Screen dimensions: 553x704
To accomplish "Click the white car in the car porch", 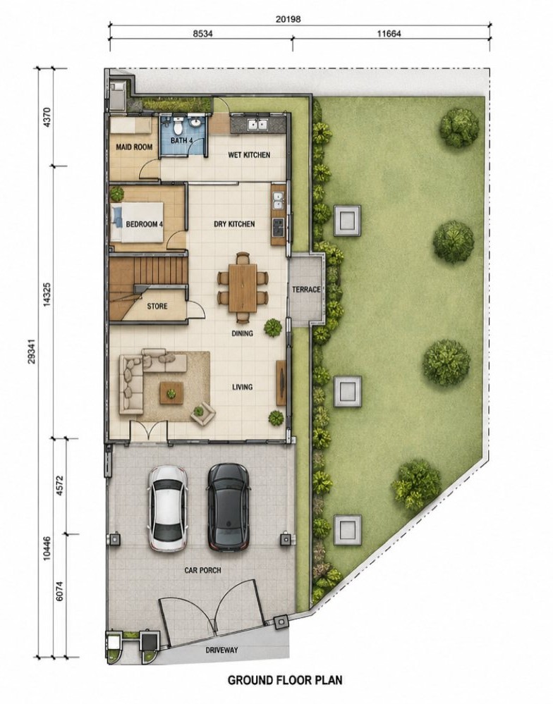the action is pyautogui.click(x=168, y=508).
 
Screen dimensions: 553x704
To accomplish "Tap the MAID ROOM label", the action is pyautogui.click(x=134, y=147).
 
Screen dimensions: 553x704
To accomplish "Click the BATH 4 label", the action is pyautogui.click(x=181, y=140).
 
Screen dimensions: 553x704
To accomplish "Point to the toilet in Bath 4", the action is pyautogui.click(x=178, y=126).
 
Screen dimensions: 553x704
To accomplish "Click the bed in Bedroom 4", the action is pyautogui.click(x=137, y=222).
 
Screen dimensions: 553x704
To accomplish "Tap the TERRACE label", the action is pyautogui.click(x=306, y=290).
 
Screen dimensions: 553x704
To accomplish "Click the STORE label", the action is pyautogui.click(x=157, y=307).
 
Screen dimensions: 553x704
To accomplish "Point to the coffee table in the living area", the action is pyautogui.click(x=171, y=393).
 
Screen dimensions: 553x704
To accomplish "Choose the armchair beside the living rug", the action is pyautogui.click(x=202, y=413).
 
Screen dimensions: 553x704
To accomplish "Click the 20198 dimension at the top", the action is pyautogui.click(x=288, y=19).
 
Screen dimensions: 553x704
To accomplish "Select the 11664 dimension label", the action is pyautogui.click(x=389, y=34).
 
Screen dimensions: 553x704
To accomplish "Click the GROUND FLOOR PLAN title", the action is pyautogui.click(x=285, y=680).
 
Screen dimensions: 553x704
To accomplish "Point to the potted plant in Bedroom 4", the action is pyautogui.click(x=117, y=194).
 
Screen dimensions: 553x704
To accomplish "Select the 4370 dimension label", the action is pyautogui.click(x=49, y=117).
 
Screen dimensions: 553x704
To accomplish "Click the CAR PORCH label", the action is pyautogui.click(x=203, y=570).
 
